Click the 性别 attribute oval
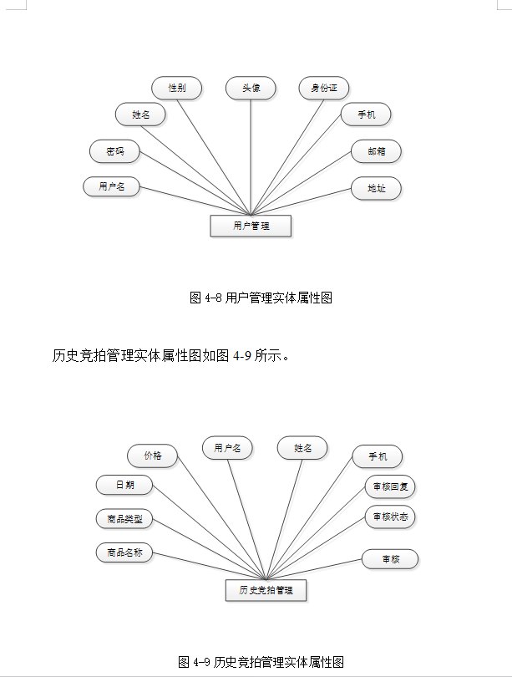[x=176, y=88]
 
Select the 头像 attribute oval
[x=251, y=88]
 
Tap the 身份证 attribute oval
[x=324, y=88]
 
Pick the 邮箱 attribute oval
[x=376, y=151]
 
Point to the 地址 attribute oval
[x=376, y=188]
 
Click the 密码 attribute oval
[x=114, y=151]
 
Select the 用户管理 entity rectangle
[x=251, y=226]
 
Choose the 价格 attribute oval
[x=152, y=456]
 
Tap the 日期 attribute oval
[x=124, y=485]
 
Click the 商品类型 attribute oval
[x=124, y=519]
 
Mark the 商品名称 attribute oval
[x=124, y=552]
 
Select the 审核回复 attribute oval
[x=390, y=486]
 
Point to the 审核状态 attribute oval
[x=390, y=517]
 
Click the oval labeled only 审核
[x=390, y=559]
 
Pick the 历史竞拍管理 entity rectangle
[x=266, y=590]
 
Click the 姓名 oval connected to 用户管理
[x=140, y=114]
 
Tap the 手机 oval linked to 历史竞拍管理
[x=377, y=456]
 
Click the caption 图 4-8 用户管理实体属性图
[x=261, y=298]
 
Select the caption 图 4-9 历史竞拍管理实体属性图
[x=261, y=662]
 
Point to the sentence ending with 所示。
[x=171, y=356]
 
